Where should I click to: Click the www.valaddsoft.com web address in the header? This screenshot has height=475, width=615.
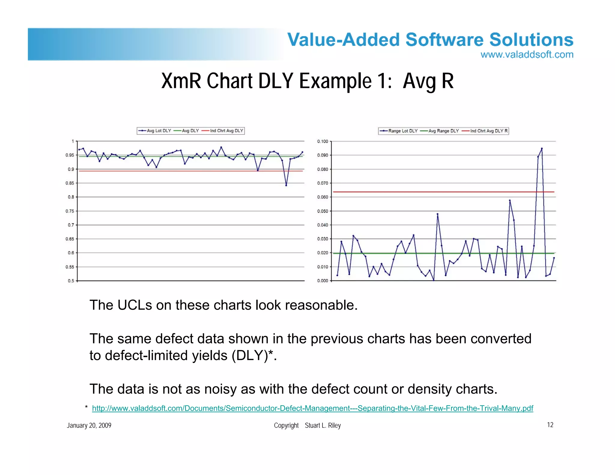[527, 55]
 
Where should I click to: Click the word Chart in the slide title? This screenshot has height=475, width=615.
[230, 81]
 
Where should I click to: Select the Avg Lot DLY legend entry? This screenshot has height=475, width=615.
[155, 131]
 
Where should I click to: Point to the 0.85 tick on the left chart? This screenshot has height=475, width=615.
[70, 183]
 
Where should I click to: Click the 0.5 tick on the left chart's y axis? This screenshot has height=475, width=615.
[71, 281]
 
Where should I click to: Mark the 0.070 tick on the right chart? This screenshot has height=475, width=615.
[323, 183]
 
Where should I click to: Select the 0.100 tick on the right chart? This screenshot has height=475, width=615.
[323, 141]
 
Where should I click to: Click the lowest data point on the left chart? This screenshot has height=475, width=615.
[286, 185]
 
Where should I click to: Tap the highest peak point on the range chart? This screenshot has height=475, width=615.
[542, 148]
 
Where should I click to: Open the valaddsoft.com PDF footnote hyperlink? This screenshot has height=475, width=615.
[312, 408]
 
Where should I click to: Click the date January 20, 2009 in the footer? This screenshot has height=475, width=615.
[89, 425]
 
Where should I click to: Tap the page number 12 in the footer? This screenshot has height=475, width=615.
[550, 425]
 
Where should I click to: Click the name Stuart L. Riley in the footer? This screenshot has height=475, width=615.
[323, 425]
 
